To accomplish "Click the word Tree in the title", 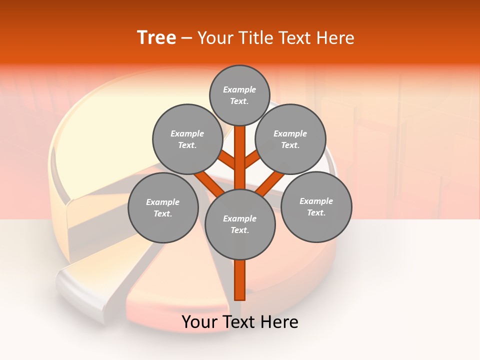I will (x=156, y=37).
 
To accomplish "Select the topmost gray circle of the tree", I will (x=239, y=95).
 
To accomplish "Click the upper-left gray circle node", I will (x=187, y=139).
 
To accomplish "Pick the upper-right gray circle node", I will (x=290, y=139).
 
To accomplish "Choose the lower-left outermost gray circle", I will (x=163, y=207).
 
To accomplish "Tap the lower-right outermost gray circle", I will (x=316, y=206).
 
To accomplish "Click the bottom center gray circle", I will (x=240, y=224).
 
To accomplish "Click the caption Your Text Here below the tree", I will (x=240, y=322).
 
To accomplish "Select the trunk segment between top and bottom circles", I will (x=240, y=157).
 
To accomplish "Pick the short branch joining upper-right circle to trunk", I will (x=252, y=160).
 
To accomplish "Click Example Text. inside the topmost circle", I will (x=239, y=95).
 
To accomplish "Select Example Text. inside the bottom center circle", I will (x=240, y=224).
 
